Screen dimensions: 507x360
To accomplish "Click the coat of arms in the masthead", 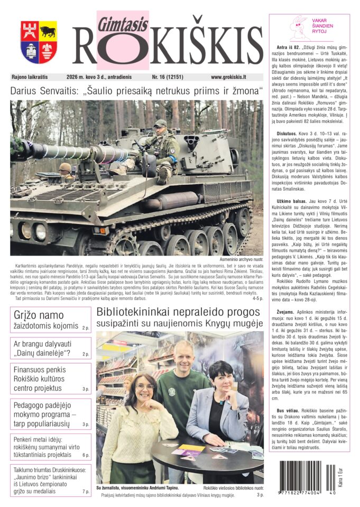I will pos(39,42).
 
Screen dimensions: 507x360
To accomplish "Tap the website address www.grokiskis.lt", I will pos(228,77).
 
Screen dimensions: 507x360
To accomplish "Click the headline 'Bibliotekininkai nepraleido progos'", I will pos(179,312).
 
